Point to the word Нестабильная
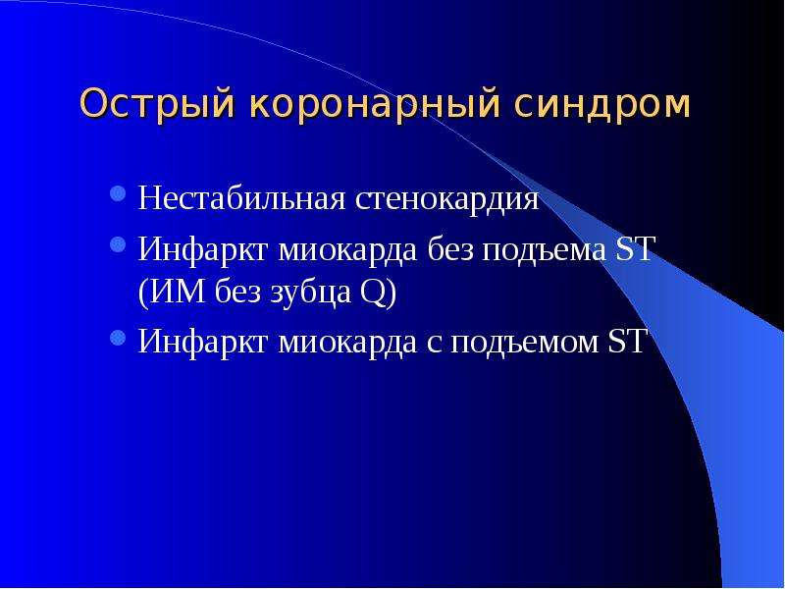pos(241,198)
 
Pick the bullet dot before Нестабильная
pos(117,193)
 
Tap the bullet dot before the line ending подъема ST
pos(117,243)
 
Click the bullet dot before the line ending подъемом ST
pos(117,338)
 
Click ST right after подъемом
pos(626,342)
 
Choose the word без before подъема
pos(449,248)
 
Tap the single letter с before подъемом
pos(435,346)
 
